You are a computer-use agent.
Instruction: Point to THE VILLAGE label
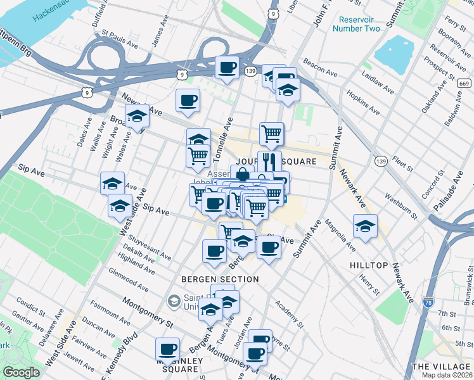click(x=442, y=367)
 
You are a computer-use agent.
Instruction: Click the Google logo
click(x=21, y=372)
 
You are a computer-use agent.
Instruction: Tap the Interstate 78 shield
click(x=428, y=303)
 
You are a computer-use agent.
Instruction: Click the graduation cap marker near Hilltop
click(x=366, y=225)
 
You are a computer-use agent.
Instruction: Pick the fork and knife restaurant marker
click(x=269, y=161)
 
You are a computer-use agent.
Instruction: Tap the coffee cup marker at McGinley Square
click(x=168, y=348)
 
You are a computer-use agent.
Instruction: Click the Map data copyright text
click(x=447, y=375)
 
